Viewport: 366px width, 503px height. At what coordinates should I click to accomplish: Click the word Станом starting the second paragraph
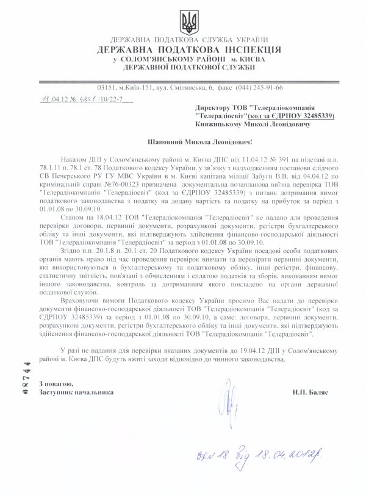(74, 215)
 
